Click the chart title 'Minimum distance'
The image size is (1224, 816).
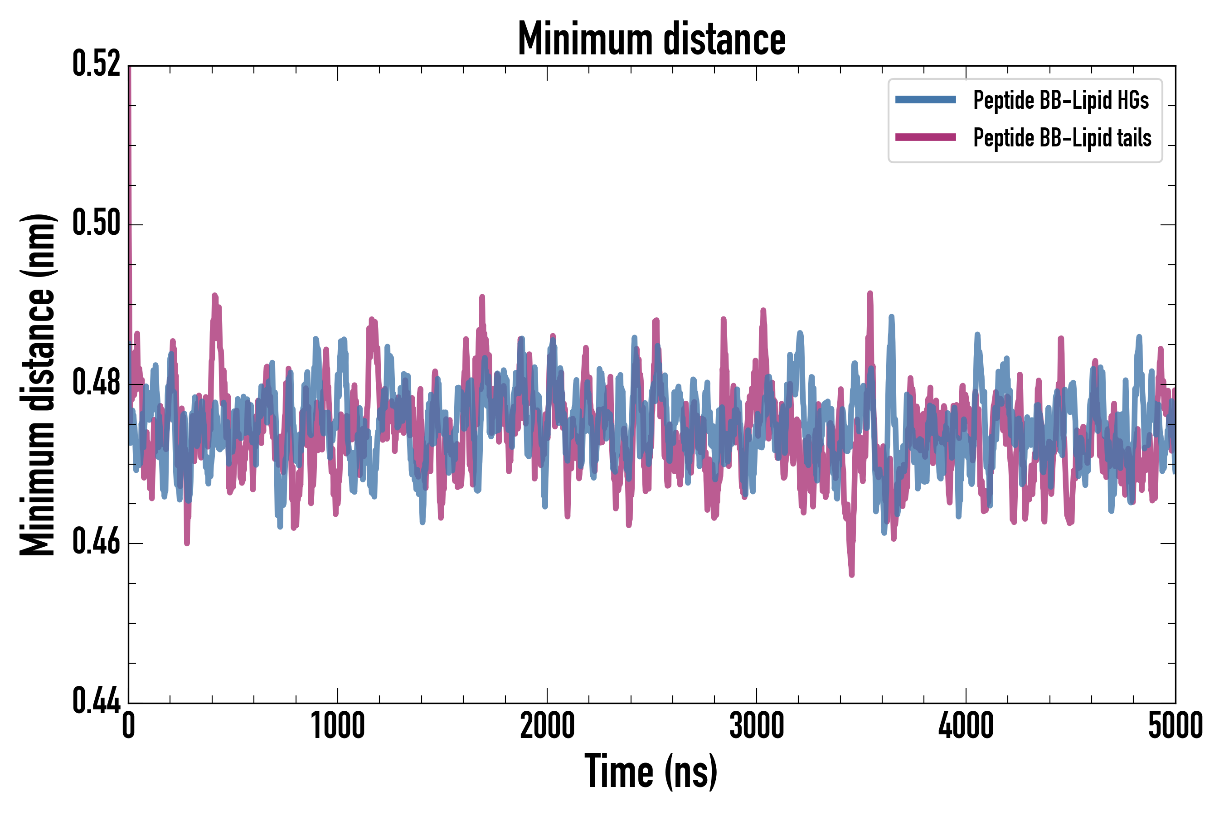[651, 39]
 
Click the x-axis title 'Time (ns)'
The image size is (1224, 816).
[651, 772]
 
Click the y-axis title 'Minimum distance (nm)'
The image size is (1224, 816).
[38, 384]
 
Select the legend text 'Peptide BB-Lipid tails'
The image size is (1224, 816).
[1062, 138]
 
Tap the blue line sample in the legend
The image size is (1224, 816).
[925, 100]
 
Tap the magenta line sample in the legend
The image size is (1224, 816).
[925, 137]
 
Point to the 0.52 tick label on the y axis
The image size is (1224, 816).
[96, 65]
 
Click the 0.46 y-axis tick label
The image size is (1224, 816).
[96, 542]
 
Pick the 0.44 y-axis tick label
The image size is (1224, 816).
[96, 701]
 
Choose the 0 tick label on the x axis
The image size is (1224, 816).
[129, 726]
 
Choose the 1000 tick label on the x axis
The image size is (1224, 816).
[338, 726]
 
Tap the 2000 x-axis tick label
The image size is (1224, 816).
[547, 726]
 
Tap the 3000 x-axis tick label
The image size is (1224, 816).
[756, 726]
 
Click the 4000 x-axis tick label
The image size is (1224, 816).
[966, 726]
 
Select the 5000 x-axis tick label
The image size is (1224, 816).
[1175, 726]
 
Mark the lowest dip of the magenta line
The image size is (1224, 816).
[852, 574]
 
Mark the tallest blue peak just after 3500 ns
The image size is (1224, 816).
[891, 316]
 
